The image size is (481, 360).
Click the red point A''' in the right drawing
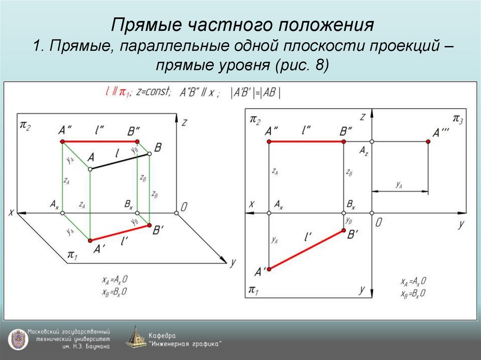pyautogui.click(x=428, y=141)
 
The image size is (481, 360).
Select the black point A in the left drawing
pyautogui.click(x=90, y=169)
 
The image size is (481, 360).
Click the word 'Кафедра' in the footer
pyautogui.click(x=162, y=335)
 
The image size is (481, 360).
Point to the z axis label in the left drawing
pyautogui.click(x=185, y=123)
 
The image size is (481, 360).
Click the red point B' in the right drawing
pyautogui.click(x=343, y=230)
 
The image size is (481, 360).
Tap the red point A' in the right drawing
pyautogui.click(x=269, y=269)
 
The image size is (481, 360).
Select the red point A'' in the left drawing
pyautogui.click(x=62, y=141)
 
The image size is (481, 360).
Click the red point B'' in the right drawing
pyautogui.click(x=343, y=141)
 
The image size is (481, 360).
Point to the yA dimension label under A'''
pyautogui.click(x=399, y=185)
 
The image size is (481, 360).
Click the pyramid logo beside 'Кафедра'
pyautogui.click(x=136, y=337)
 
